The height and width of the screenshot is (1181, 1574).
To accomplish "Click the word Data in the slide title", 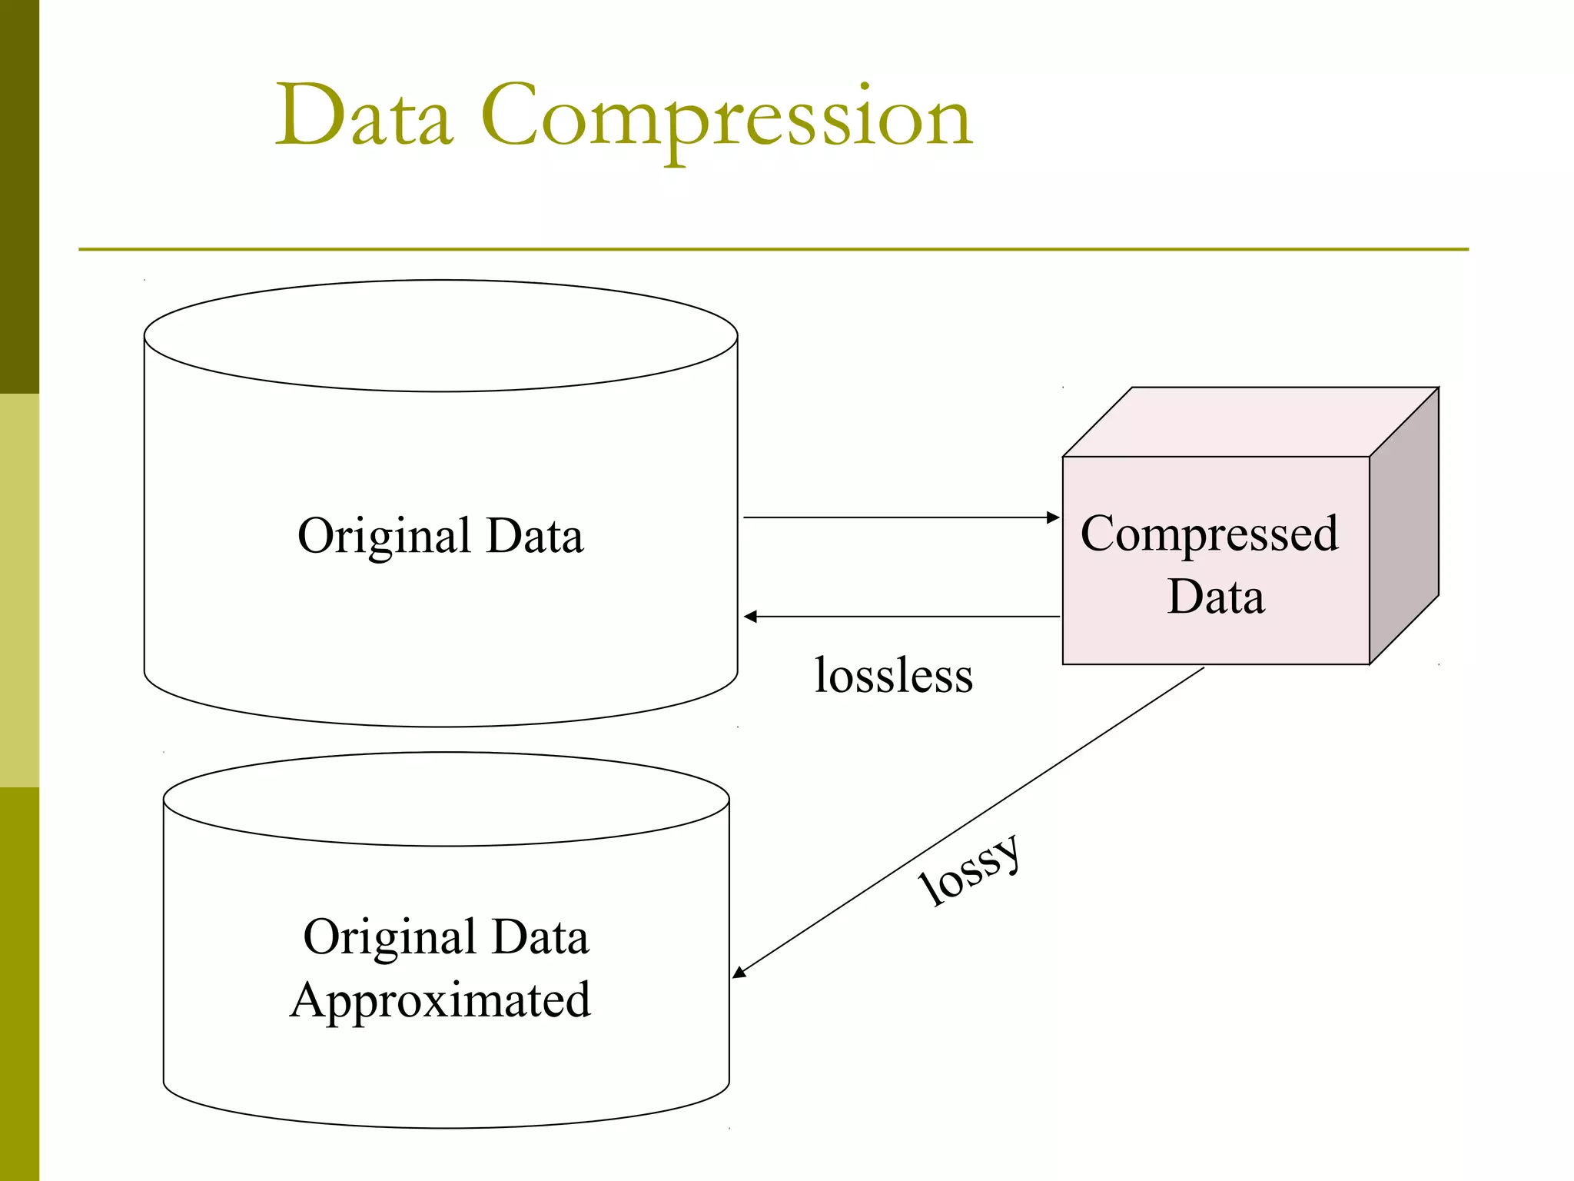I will [x=364, y=115].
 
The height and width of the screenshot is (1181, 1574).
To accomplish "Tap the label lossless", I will [x=893, y=676].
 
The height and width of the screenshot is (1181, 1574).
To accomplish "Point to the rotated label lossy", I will [x=971, y=871].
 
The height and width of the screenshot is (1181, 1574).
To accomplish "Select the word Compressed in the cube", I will [x=1209, y=534].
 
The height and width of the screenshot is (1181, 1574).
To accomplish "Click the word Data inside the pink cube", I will [x=1216, y=597].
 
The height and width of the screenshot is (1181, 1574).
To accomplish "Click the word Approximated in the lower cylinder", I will [x=440, y=1001].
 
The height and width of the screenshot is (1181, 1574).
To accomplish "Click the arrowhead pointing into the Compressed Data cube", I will [x=1054, y=517].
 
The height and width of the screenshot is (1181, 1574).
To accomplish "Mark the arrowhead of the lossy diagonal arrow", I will [x=739, y=973].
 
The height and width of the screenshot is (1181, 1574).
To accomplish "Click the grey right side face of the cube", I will [x=1404, y=527].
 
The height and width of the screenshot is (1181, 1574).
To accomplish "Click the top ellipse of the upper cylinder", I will [x=440, y=336].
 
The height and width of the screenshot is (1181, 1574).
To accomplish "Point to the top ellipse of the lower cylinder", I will [x=446, y=800].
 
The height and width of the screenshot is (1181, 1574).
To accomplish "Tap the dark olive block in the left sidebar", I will [x=19, y=196].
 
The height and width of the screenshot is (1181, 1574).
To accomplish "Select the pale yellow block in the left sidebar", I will [x=19, y=590].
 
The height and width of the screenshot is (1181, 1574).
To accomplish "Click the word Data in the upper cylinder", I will [x=535, y=536].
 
